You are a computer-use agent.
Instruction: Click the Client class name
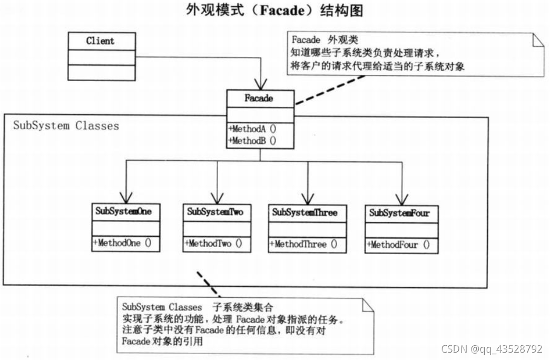pos(101,41)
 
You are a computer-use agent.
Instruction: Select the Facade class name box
pos(259,99)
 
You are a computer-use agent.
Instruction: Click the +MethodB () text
pos(252,140)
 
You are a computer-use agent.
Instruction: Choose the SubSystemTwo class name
pos(215,212)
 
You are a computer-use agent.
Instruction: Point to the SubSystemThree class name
pos(305,212)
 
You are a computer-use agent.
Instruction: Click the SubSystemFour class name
pos(399,213)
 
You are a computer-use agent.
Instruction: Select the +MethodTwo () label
pos(214,244)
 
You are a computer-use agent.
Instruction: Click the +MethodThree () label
pos(303,245)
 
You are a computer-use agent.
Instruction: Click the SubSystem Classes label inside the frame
pos(66,126)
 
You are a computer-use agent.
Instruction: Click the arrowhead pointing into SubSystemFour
pos(402,199)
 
